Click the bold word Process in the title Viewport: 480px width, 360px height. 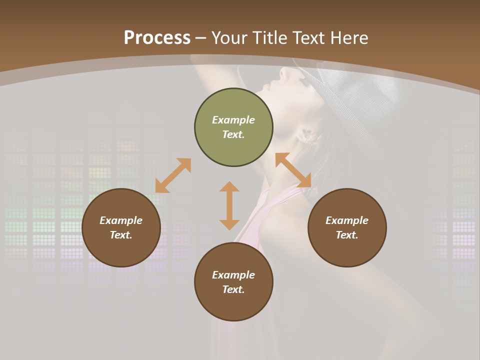tap(157, 38)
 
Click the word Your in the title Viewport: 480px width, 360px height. tap(229, 38)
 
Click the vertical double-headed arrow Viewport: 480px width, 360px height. tap(229, 205)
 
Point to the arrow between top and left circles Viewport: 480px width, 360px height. tap(173, 175)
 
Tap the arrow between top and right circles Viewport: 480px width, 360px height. tap(293, 170)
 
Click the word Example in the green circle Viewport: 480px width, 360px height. tap(233, 120)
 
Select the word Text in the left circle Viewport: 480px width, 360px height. tap(121, 235)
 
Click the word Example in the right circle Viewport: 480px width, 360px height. tap(347, 220)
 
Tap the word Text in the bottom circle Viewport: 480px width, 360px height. tap(233, 289)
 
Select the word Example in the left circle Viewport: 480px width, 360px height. tap(121, 220)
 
